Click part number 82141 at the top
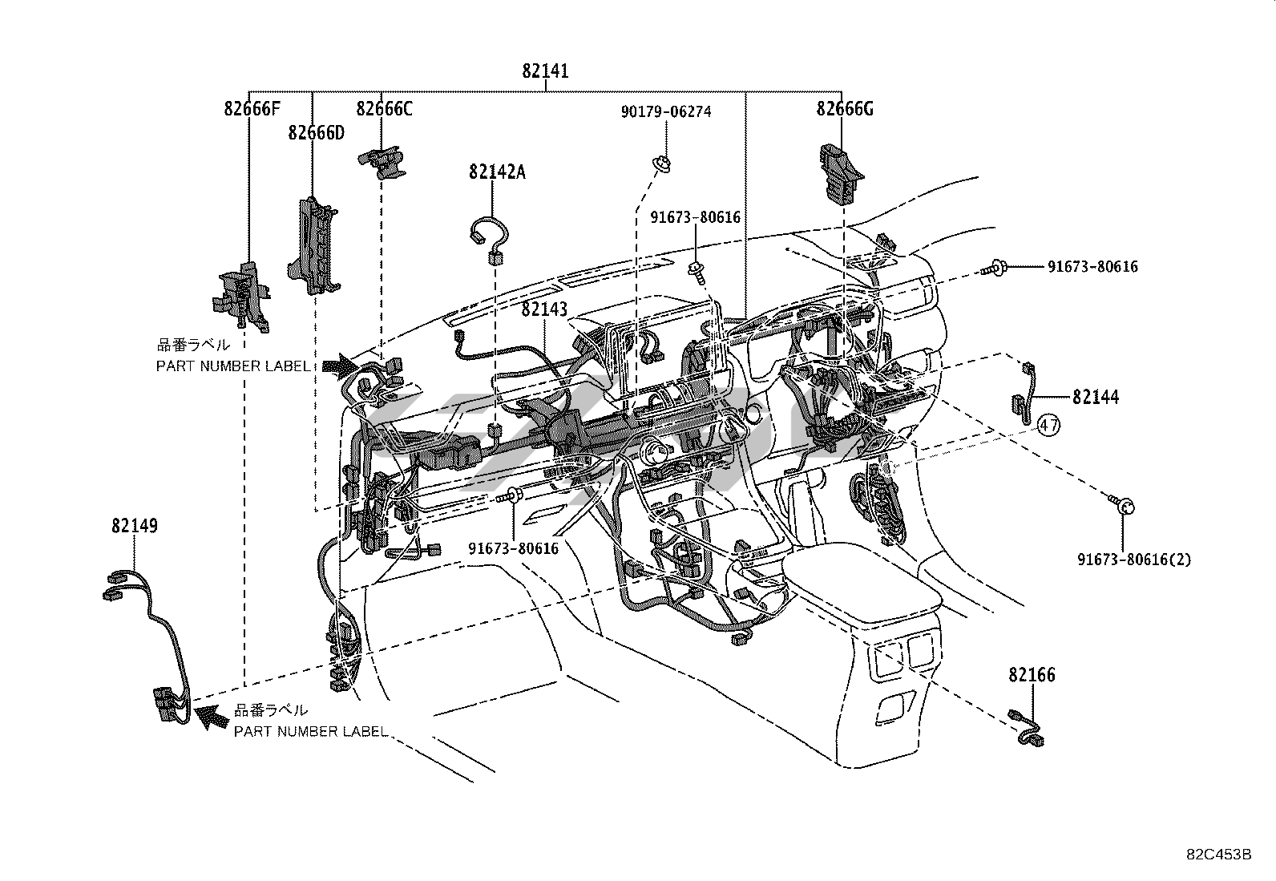click(545, 71)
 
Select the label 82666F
click(252, 108)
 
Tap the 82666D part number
click(316, 133)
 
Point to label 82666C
click(384, 108)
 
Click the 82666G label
click(845, 108)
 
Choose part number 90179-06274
click(666, 111)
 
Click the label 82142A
click(497, 172)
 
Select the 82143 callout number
click(544, 309)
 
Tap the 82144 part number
click(1096, 397)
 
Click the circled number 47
click(1048, 425)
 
